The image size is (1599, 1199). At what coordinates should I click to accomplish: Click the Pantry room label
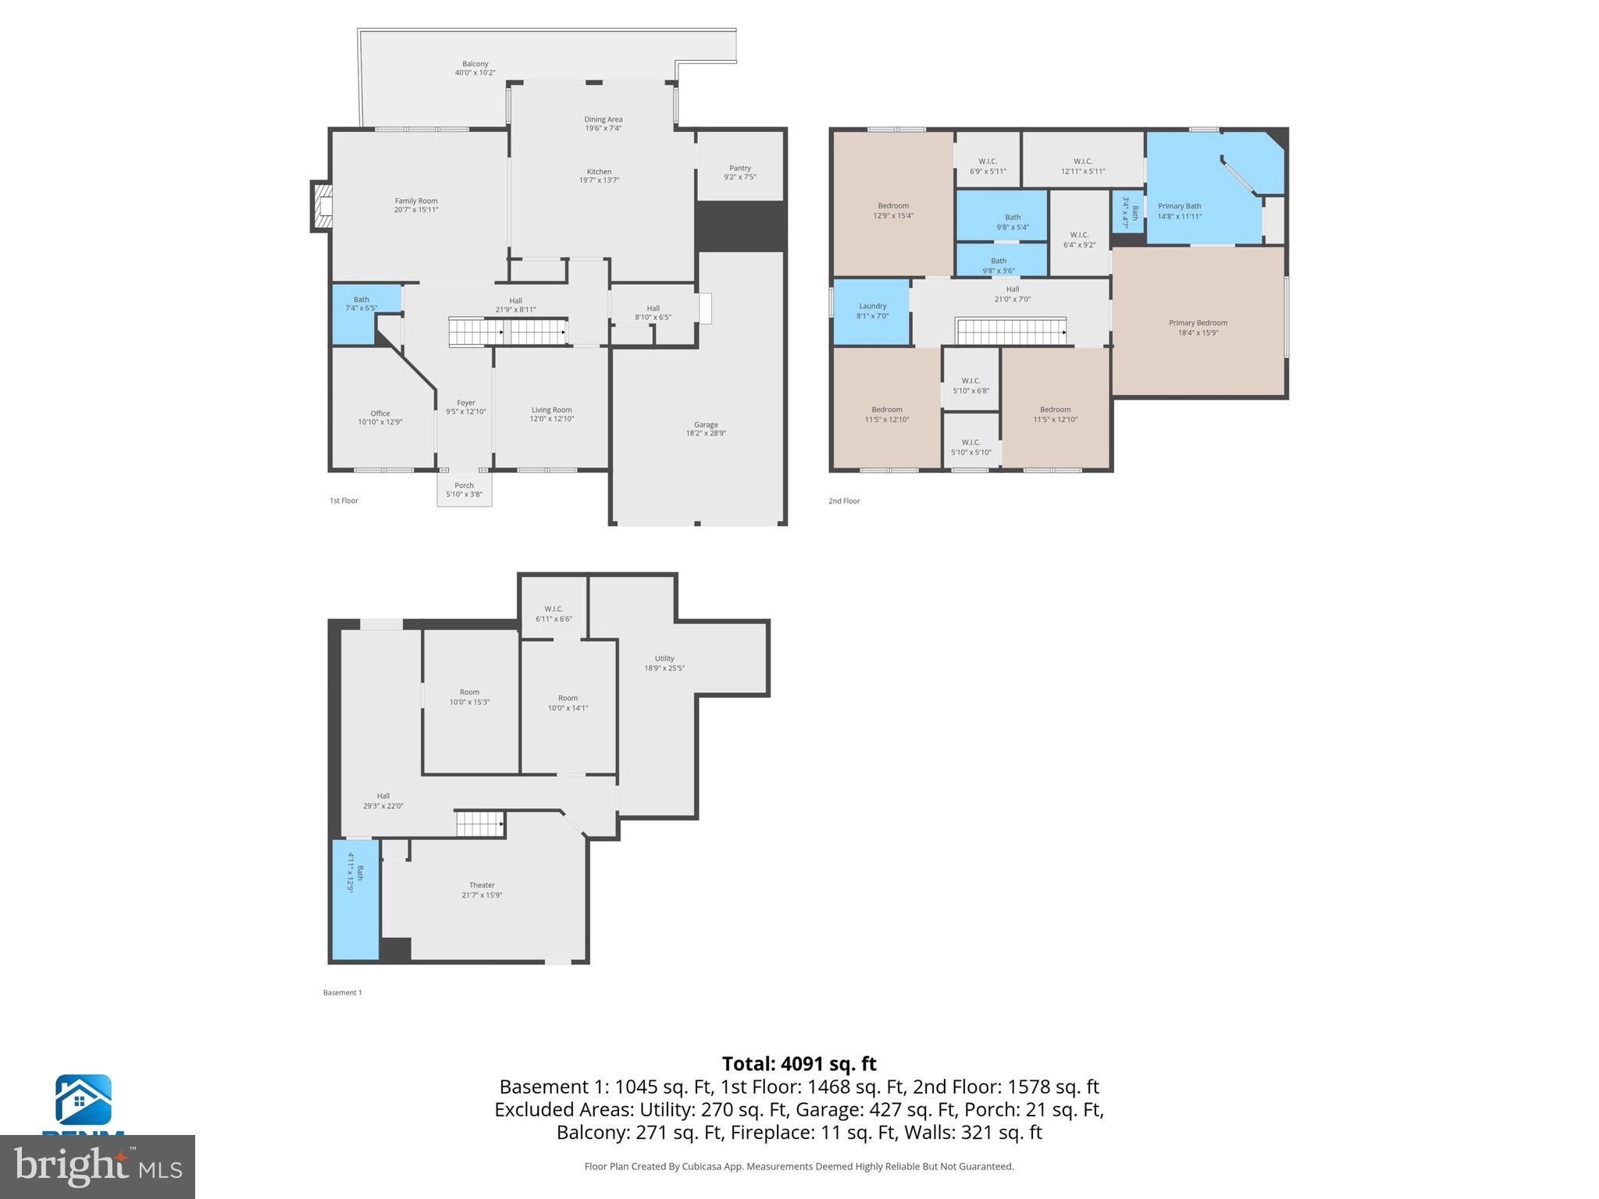tap(739, 168)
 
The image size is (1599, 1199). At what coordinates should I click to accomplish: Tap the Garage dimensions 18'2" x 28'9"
tap(706, 433)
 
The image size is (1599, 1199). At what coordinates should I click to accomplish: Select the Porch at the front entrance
tap(464, 489)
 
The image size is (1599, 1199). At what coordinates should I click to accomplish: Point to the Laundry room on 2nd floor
tap(872, 311)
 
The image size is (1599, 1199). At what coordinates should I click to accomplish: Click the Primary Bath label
tap(1179, 206)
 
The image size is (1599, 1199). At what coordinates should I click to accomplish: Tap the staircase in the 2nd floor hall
tap(1011, 331)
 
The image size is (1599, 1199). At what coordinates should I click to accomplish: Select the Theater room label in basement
tap(482, 885)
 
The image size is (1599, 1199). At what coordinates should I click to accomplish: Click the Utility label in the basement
tap(664, 658)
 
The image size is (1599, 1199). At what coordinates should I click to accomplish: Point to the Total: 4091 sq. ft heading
tap(799, 1064)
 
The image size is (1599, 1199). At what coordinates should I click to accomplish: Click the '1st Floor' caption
tap(344, 500)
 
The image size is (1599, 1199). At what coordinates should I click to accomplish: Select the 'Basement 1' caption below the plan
tap(342, 993)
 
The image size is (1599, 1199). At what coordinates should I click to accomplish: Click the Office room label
tap(380, 413)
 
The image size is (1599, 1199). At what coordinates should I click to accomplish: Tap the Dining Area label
tap(604, 119)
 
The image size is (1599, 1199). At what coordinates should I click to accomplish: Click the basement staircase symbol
tap(479, 824)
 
